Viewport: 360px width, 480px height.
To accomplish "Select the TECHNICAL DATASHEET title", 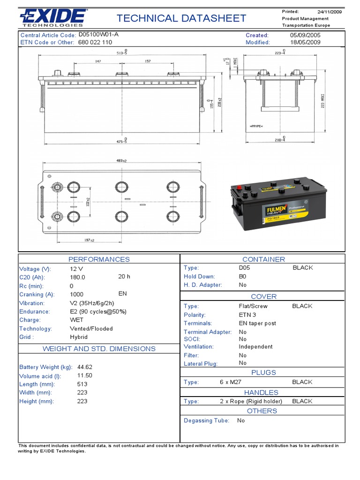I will point(181,18).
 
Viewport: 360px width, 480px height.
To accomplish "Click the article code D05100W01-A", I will point(98,35).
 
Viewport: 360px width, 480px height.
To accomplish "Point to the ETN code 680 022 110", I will point(95,42).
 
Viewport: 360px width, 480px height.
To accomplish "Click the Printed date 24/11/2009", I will point(330,11).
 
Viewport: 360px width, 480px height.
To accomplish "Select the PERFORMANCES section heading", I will point(99,259).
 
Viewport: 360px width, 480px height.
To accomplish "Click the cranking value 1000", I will point(77,294).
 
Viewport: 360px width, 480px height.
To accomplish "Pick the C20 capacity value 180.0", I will point(78,277).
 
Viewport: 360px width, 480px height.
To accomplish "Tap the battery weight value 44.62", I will point(85,367).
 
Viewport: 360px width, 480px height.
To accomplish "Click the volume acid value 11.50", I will point(84,375).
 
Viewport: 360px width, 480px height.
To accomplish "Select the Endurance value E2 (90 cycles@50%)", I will point(98,311).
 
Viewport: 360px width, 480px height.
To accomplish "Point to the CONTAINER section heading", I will point(263,259).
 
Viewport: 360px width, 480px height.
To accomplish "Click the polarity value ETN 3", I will point(247,315).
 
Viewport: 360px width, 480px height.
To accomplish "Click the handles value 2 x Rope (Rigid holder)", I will point(251,401).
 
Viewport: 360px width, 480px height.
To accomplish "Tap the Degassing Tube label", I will point(206,420).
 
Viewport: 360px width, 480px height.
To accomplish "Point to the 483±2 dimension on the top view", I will point(122,161).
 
